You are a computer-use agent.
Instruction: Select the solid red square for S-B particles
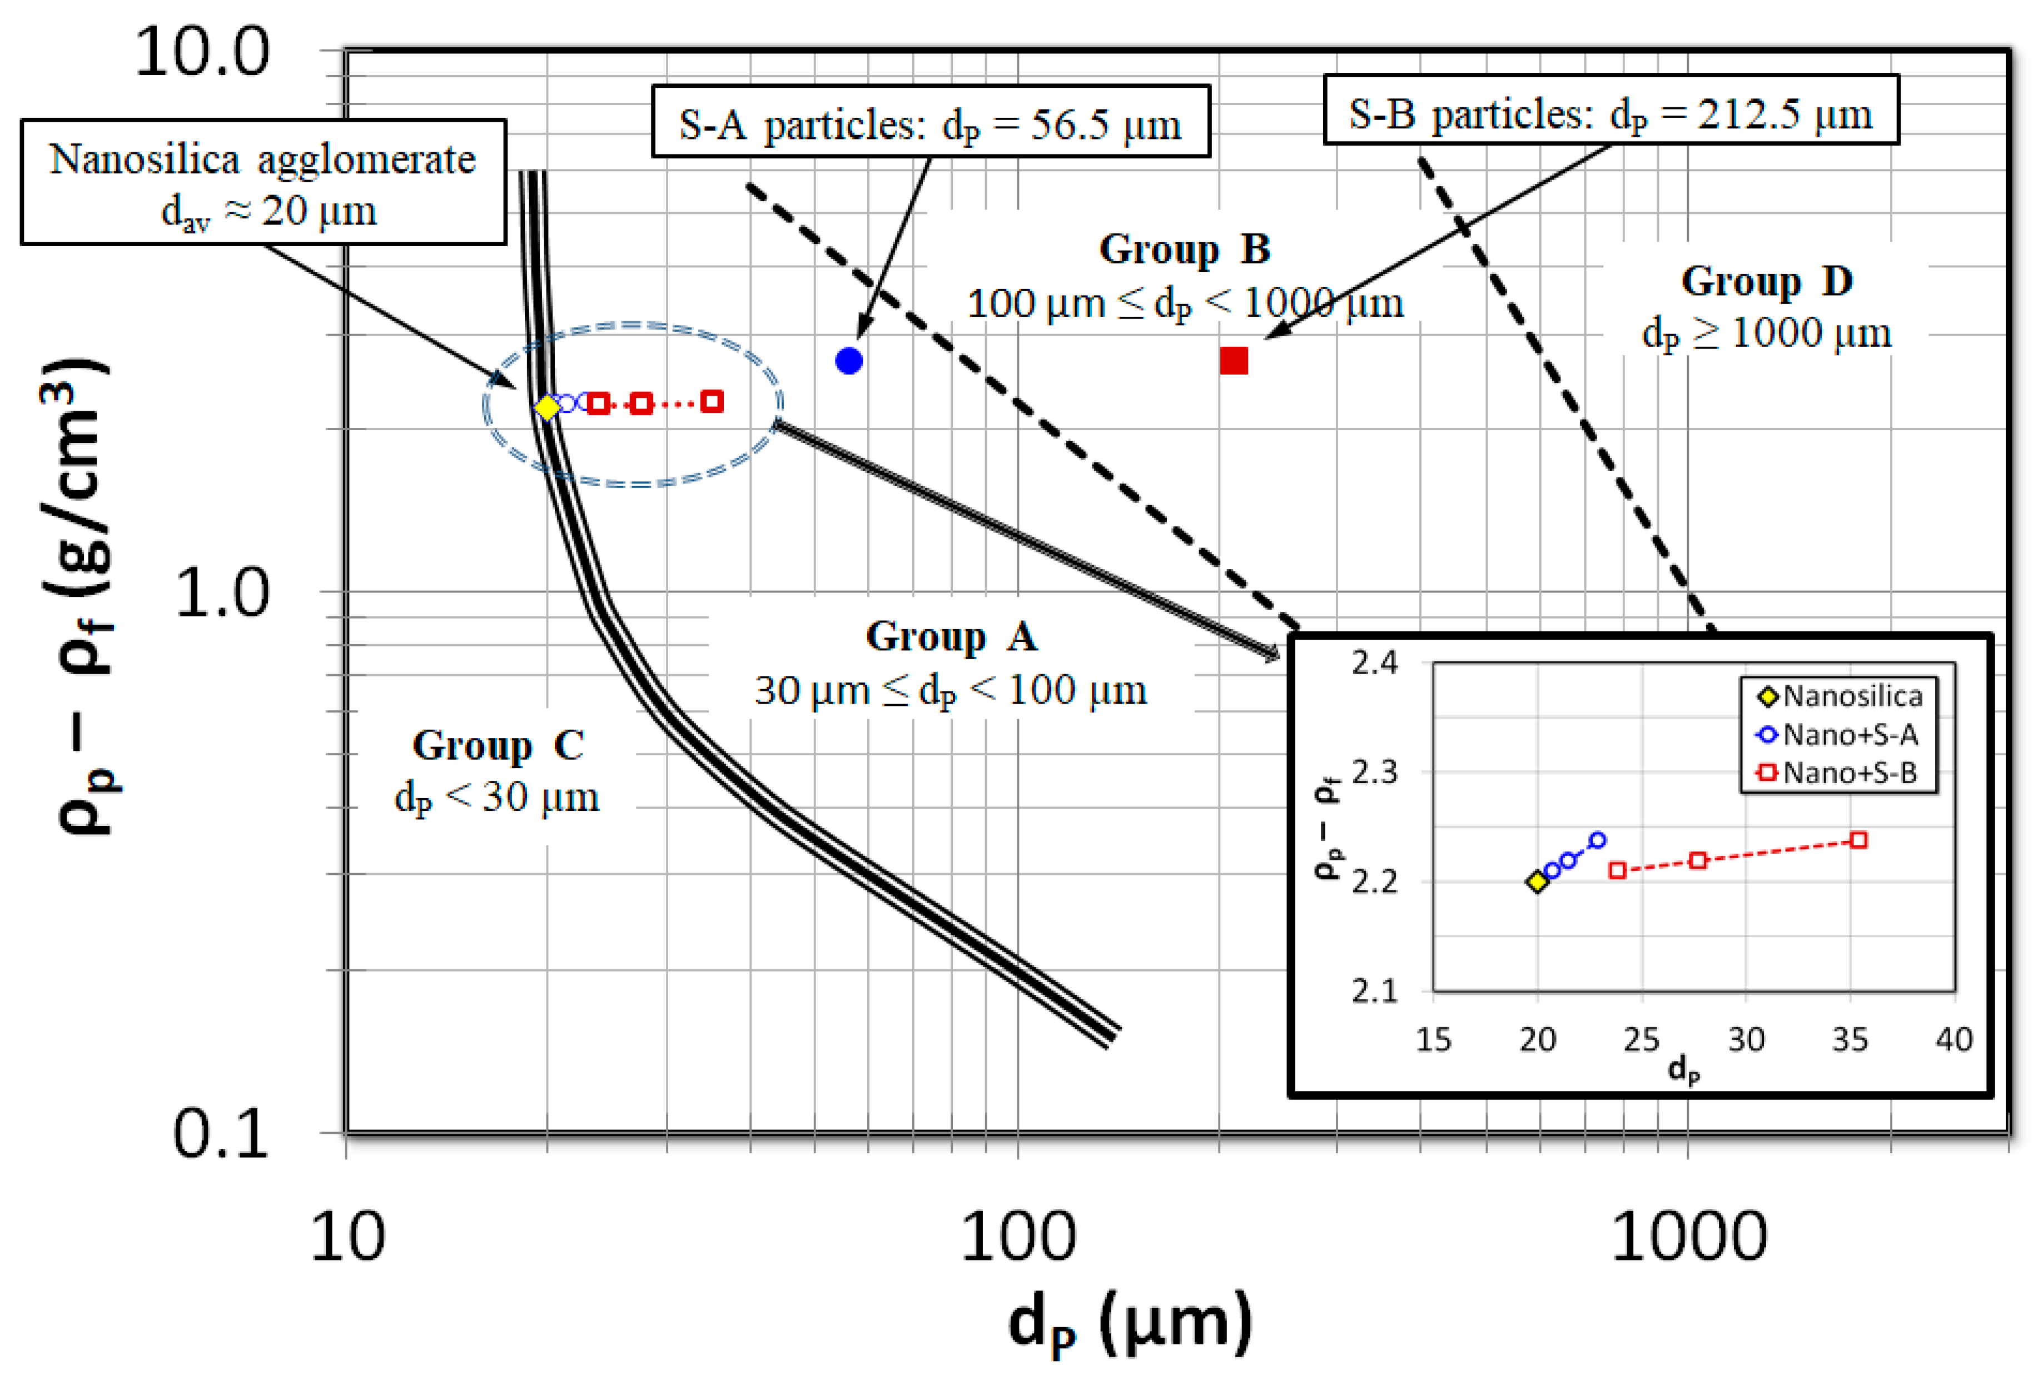[x=1233, y=360]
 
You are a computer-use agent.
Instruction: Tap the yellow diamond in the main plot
[x=547, y=408]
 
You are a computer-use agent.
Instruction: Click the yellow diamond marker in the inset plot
[x=1537, y=882]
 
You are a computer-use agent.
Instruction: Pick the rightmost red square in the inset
[x=1857, y=840]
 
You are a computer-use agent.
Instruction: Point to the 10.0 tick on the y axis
[x=202, y=53]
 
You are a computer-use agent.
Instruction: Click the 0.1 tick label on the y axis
[x=219, y=1134]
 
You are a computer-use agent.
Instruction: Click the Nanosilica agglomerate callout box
[x=263, y=182]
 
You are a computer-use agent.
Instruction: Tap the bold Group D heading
[x=1766, y=281]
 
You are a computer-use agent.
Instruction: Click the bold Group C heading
[x=497, y=745]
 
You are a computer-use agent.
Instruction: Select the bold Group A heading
[x=952, y=636]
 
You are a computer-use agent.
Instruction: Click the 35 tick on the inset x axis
[x=1850, y=1040]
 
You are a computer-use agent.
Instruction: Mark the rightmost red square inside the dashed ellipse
[x=712, y=401]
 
